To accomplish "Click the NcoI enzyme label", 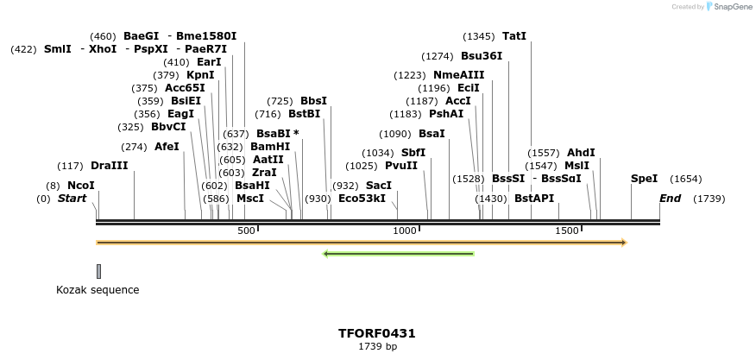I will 80,186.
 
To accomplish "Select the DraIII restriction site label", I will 109,166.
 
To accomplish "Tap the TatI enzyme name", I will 513,36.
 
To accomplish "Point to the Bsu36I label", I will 481,56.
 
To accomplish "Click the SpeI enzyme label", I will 644,179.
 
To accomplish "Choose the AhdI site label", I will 581,153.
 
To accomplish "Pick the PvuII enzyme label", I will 400,166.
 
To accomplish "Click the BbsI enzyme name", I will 314,101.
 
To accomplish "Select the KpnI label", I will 200,75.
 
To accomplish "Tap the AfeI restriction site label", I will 167,147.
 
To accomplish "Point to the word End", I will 670,199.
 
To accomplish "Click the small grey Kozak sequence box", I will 99,271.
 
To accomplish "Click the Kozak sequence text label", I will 98,290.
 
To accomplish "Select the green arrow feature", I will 398,254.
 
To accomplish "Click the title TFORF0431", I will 378,333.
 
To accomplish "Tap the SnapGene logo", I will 728,7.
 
